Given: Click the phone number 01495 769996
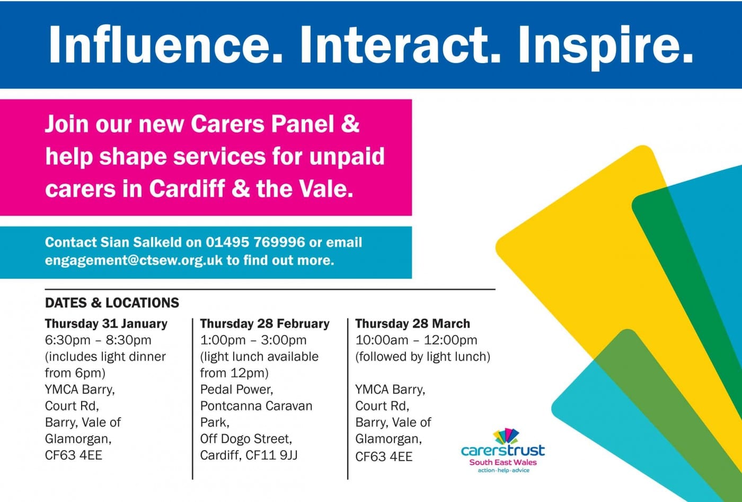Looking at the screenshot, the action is click(255, 242).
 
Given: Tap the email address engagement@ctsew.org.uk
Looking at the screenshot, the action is click(134, 260).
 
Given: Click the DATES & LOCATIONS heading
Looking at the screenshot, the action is click(112, 303).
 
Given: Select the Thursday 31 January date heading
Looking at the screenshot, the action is click(106, 324).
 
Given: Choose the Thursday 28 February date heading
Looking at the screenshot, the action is click(264, 324).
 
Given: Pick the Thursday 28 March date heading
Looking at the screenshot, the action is click(412, 323).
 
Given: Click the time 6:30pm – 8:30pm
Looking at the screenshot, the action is click(98, 340).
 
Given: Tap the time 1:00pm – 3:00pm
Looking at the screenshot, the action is click(253, 340).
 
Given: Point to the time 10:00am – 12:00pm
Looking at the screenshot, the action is click(417, 340).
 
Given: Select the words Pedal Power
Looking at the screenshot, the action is click(236, 390).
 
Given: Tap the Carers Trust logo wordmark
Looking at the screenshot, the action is click(503, 450).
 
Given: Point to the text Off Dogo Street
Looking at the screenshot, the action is click(246, 439).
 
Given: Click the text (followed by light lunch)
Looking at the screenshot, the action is click(423, 357).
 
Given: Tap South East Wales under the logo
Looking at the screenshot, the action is click(503, 463).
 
